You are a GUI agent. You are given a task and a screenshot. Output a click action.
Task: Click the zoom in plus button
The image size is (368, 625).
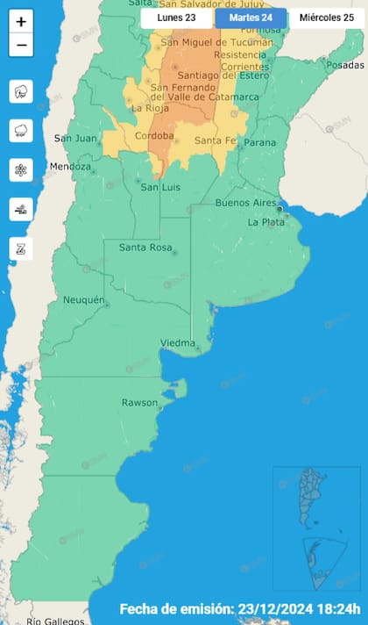click(21, 21)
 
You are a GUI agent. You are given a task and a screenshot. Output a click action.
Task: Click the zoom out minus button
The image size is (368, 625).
click(21, 45)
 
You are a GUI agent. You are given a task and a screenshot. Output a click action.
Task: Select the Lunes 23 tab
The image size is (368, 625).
click(176, 17)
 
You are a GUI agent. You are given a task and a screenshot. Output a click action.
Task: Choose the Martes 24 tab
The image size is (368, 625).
click(251, 17)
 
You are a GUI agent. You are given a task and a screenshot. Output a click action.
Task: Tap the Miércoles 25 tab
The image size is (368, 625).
click(326, 17)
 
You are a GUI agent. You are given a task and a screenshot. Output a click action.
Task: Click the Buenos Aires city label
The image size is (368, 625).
click(245, 203)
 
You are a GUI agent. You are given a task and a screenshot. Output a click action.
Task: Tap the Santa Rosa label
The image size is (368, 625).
click(145, 247)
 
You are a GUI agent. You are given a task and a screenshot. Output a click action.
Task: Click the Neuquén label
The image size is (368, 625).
click(83, 300)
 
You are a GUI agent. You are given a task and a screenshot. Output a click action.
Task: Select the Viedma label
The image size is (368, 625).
click(178, 342)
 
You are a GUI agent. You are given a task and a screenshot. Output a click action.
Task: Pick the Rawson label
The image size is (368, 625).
click(139, 403)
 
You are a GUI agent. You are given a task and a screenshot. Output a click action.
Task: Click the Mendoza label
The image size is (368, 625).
click(70, 167)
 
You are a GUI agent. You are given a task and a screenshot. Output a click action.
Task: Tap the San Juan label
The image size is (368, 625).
click(73, 138)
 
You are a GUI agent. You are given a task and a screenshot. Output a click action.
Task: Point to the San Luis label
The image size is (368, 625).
click(160, 187)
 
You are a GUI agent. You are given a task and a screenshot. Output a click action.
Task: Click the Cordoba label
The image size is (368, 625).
click(154, 135)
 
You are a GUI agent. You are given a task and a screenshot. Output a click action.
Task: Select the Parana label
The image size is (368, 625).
click(259, 142)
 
